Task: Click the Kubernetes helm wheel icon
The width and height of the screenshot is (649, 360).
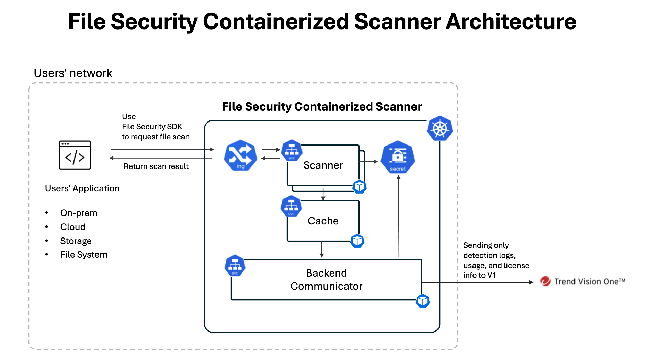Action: click(440, 129)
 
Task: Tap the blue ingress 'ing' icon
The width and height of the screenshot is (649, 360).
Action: click(240, 155)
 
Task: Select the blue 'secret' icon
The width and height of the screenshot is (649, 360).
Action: click(398, 157)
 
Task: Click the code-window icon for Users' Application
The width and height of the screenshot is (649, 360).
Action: click(75, 155)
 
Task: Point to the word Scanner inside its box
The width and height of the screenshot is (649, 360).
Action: click(323, 165)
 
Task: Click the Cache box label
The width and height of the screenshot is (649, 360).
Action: click(323, 221)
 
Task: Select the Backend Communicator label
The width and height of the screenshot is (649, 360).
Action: click(326, 279)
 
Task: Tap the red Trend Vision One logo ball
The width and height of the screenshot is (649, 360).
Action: click(545, 281)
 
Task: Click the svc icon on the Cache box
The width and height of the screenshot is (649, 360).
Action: click(291, 206)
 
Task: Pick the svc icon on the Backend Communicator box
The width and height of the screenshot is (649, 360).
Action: click(235, 266)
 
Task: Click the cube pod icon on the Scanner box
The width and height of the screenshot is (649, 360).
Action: click(360, 187)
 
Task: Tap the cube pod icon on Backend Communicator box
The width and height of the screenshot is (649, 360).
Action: click(423, 301)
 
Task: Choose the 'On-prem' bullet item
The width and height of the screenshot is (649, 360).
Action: click(79, 213)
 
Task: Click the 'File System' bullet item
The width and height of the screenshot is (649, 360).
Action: click(84, 255)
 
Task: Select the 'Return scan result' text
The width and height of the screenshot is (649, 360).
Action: click(156, 166)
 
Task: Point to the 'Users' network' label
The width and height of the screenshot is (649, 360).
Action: click(73, 73)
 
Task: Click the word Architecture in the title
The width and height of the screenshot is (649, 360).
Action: click(511, 22)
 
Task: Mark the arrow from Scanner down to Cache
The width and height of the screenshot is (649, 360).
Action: click(323, 194)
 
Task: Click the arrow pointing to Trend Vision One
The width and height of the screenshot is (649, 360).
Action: click(481, 282)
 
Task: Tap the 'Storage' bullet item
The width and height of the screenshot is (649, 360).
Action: click(76, 241)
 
